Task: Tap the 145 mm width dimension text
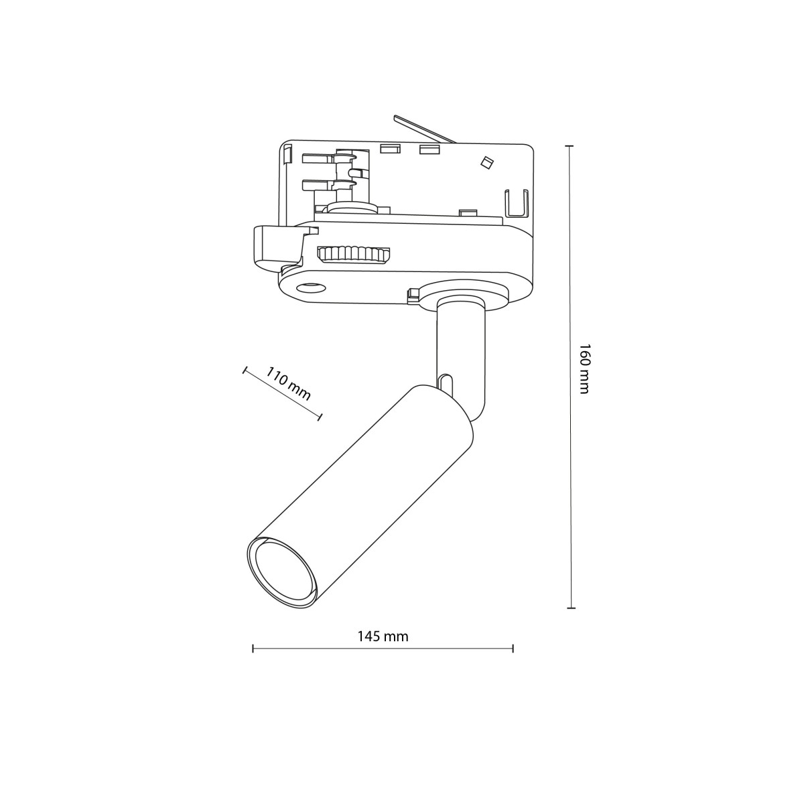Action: tap(383, 636)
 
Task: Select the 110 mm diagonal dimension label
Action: tap(289, 383)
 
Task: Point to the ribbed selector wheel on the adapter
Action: tap(354, 255)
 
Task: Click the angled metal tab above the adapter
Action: tap(424, 129)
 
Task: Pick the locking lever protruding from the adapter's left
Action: tap(276, 245)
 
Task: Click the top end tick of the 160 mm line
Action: tap(570, 146)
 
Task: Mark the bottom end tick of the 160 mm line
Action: tap(570, 608)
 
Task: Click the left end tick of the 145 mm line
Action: tap(253, 648)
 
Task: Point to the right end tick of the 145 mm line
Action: tap(513, 648)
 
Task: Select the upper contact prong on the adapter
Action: tap(328, 159)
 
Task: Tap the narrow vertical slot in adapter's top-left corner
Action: tap(287, 155)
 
